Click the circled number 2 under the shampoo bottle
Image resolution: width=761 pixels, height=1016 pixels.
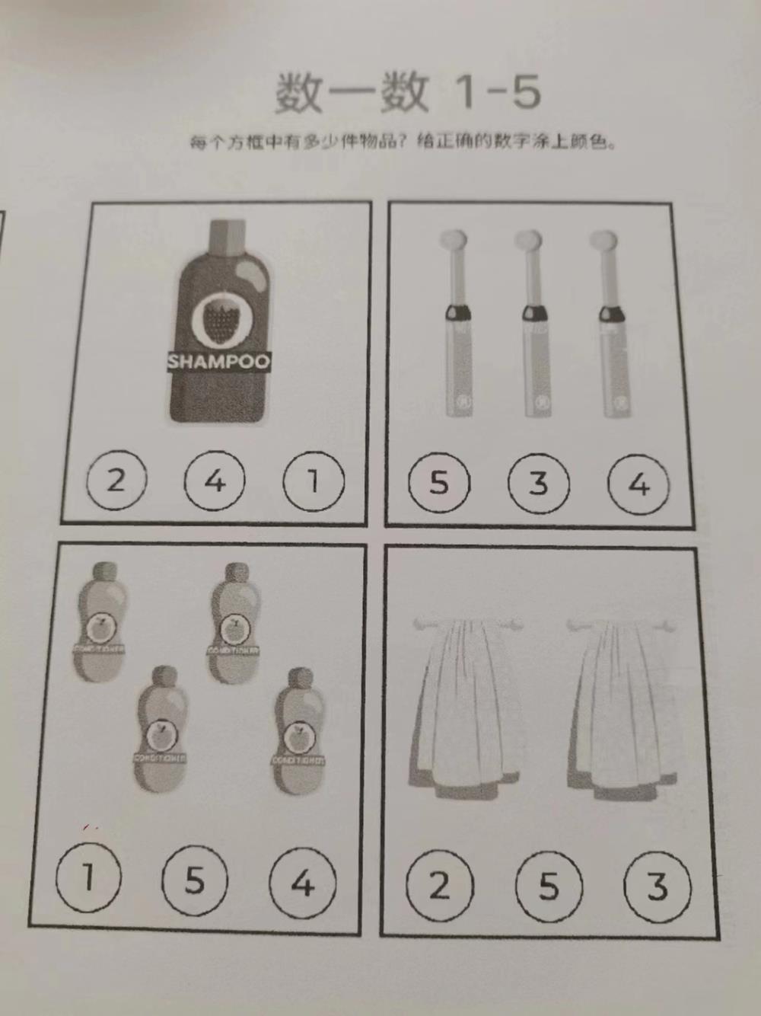coord(116,481)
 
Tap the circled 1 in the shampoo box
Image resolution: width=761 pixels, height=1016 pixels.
coord(313,481)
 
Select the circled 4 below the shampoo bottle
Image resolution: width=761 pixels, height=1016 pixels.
coord(215,481)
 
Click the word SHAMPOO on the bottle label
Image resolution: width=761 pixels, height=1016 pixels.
coord(218,361)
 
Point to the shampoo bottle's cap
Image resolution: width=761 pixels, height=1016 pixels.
coord(227,236)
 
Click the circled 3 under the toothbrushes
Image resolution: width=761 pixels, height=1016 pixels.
coord(538,483)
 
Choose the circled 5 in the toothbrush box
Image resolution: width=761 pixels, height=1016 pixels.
coord(439,483)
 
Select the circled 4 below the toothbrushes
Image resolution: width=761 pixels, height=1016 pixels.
coord(638,484)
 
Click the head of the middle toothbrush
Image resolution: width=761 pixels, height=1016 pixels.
coord(527,242)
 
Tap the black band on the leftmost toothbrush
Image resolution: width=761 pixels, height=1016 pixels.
coord(457,311)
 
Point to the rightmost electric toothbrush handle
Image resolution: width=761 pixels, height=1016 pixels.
coord(615,366)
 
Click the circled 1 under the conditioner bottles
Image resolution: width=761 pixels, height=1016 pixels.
coord(88,877)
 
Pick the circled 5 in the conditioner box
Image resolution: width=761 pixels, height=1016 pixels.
coord(195,880)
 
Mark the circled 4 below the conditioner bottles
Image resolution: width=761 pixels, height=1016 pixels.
coord(303,883)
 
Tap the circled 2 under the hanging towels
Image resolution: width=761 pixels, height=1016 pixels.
coord(440,886)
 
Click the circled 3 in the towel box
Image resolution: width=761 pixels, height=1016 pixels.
coord(657,887)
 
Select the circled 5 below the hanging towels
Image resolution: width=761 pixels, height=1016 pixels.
coord(549,887)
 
